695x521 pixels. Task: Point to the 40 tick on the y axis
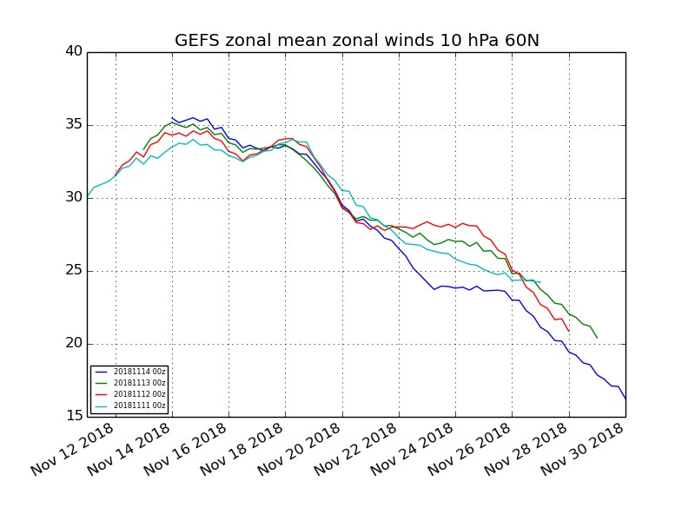pos(74,51)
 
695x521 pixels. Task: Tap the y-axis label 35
pos(74,124)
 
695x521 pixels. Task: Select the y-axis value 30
pos(74,197)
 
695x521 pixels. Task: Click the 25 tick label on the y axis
pos(74,270)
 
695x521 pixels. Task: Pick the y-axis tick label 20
pos(74,343)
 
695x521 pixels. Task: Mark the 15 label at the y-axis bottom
pos(74,416)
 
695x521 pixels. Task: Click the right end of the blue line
pos(625,399)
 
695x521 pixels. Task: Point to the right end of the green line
pos(598,338)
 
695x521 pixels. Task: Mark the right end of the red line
pos(569,332)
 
